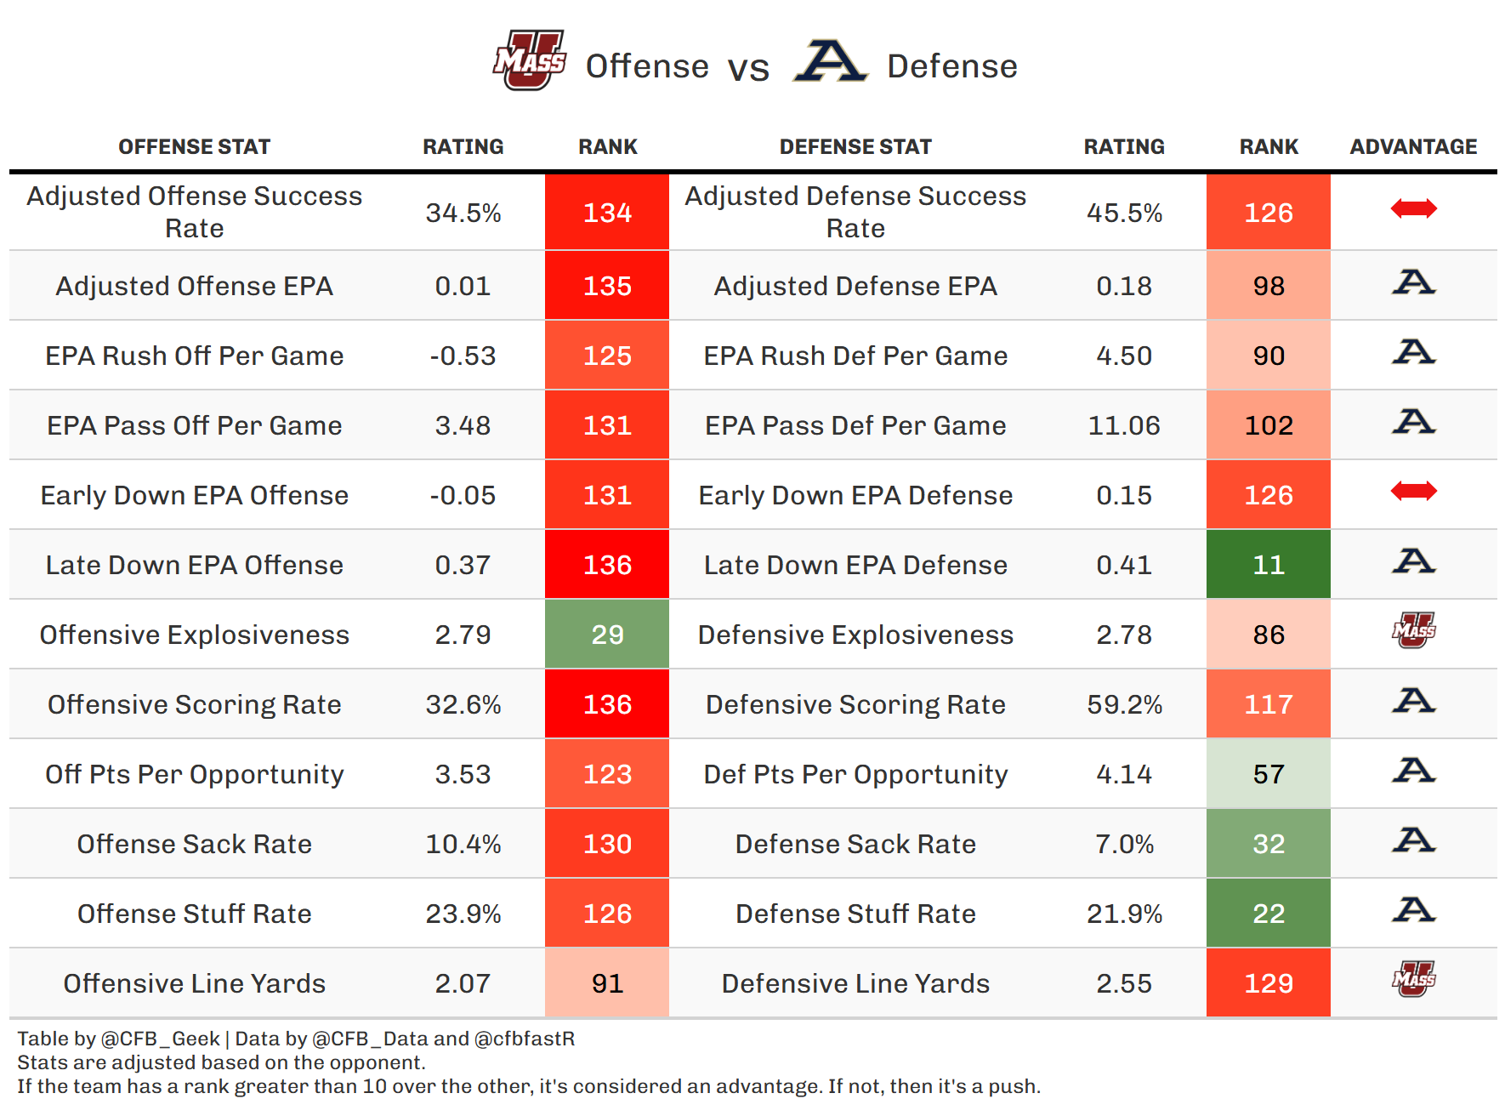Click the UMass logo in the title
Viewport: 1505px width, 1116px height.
pyautogui.click(x=529, y=60)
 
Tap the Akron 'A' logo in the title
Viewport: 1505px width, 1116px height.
pyautogui.click(x=830, y=61)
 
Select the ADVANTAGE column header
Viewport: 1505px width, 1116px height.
pyautogui.click(x=1413, y=147)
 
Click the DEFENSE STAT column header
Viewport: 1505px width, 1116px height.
pyautogui.click(x=855, y=147)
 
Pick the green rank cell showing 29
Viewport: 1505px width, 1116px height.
pyautogui.click(x=607, y=635)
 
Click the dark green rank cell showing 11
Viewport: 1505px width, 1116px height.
pyautogui.click(x=1268, y=565)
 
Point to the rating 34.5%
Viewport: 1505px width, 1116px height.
pyautogui.click(x=463, y=213)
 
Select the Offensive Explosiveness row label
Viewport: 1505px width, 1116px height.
pyautogui.click(x=195, y=635)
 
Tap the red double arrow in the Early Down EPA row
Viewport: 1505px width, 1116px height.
pyautogui.click(x=1413, y=491)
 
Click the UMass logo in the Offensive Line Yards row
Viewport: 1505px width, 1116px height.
pyautogui.click(x=1413, y=979)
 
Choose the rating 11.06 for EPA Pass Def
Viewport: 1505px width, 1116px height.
pyautogui.click(x=1124, y=425)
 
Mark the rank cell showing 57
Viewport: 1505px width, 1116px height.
pyautogui.click(x=1268, y=774)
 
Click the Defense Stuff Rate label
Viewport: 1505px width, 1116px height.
pyautogui.click(x=855, y=914)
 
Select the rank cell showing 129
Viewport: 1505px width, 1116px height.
pyautogui.click(x=1268, y=983)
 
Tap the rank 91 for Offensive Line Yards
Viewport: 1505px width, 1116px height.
pyautogui.click(x=607, y=983)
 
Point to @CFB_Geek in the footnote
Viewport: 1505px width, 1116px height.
pyautogui.click(x=160, y=1039)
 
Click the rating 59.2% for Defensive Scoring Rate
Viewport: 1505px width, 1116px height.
pyautogui.click(x=1124, y=704)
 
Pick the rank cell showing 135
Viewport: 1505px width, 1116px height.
pyautogui.click(x=607, y=286)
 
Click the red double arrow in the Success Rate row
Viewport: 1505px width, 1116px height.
pyautogui.click(x=1413, y=208)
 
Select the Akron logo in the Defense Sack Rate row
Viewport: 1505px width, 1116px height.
pyautogui.click(x=1413, y=840)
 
